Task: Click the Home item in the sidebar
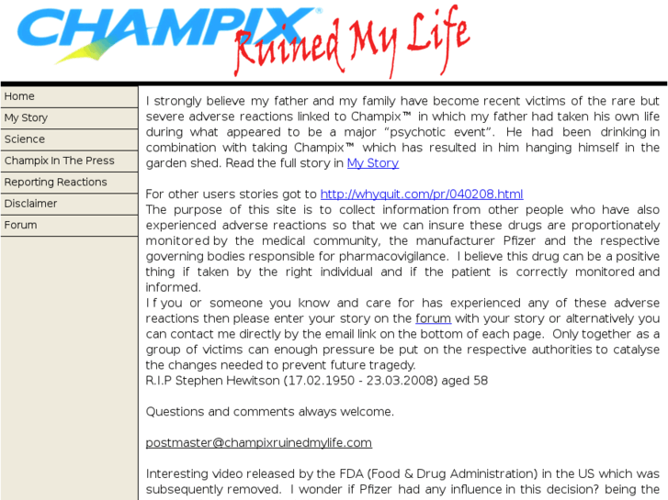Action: click(x=19, y=96)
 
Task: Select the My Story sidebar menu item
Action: click(x=26, y=117)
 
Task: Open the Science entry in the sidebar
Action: click(x=25, y=139)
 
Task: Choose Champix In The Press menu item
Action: click(x=60, y=161)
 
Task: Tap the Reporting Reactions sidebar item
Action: click(x=55, y=182)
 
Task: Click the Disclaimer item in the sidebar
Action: click(x=30, y=204)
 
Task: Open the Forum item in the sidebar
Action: click(x=21, y=225)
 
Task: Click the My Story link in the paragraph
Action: click(x=372, y=163)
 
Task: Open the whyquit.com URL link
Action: click(x=421, y=194)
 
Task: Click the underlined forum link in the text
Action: click(x=433, y=318)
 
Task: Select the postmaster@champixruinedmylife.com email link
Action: click(x=258, y=442)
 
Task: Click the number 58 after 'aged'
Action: click(x=481, y=381)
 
